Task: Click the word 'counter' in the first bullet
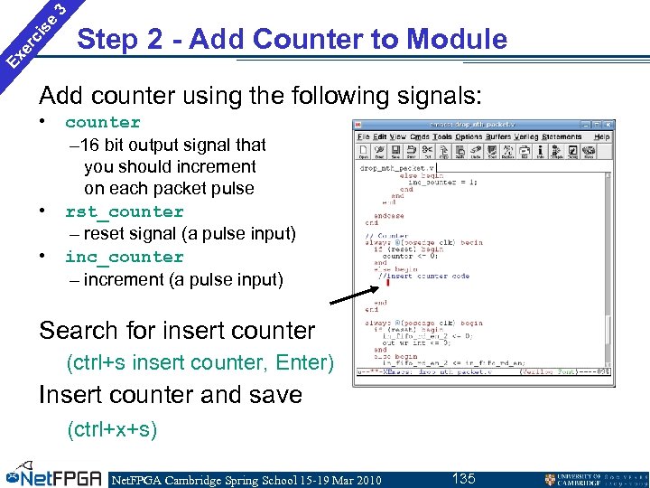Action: click(x=103, y=123)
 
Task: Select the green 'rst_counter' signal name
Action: click(x=124, y=212)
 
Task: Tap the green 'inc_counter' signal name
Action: click(x=124, y=258)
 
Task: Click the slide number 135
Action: click(x=464, y=478)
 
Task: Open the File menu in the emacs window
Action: click(x=363, y=137)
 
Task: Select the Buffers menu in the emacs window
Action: click(x=498, y=137)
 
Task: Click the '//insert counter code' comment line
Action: click(x=424, y=276)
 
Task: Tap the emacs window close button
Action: click(x=610, y=125)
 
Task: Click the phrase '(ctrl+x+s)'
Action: click(x=112, y=429)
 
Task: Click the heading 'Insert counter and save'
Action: click(x=170, y=395)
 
